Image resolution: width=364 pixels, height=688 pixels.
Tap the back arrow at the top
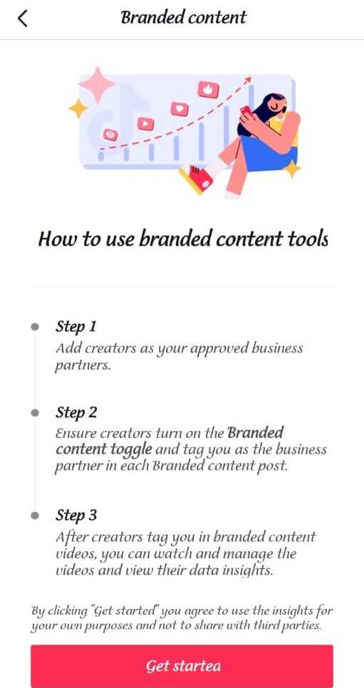22,19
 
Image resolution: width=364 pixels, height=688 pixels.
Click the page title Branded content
183,18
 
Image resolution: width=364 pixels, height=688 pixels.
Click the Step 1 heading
76,327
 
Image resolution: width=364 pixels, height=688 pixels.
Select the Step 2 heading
76,413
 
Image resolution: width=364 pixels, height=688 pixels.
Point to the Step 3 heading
76,516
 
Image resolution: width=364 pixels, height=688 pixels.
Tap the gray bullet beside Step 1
35,327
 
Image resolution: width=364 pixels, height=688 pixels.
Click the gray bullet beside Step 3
35,516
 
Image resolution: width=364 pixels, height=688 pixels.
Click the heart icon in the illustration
179,108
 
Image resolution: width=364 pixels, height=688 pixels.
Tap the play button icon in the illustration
145,124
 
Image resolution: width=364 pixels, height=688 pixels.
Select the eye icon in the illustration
110,135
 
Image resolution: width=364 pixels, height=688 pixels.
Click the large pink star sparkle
96,85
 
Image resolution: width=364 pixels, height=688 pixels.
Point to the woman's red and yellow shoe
197,179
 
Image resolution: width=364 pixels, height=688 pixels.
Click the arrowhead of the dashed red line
248,80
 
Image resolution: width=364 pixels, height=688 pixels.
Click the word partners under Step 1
81,365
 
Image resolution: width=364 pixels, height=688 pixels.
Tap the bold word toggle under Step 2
131,449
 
